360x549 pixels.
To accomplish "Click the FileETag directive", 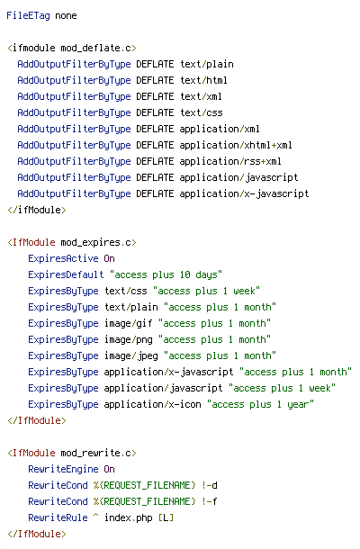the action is tap(29, 16).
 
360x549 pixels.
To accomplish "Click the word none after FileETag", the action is tap(66, 16).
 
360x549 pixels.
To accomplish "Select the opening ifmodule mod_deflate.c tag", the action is tap(72, 48).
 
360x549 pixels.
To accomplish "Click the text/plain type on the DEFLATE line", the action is tap(207, 65).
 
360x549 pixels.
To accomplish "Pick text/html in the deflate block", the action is tap(203, 80).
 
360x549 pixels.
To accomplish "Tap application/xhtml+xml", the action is tap(236, 145).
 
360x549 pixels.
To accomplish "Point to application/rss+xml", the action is tap(230, 161).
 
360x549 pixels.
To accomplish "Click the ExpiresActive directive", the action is tap(63, 258).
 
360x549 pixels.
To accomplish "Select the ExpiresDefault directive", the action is tap(67, 274).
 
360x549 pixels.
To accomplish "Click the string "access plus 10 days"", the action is tap(166, 274).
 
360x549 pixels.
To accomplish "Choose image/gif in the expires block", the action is tap(129, 323).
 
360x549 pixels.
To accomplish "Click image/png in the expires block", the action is tap(129, 339).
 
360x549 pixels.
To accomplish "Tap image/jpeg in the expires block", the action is tap(131, 355).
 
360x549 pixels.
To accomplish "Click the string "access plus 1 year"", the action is tap(260, 404).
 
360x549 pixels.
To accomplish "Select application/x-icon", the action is tap(153, 404).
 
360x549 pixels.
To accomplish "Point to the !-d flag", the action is tap(210, 485).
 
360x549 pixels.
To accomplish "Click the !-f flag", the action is tap(210, 501).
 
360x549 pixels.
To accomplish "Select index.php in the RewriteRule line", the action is tap(129, 517).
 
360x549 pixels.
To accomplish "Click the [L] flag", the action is tap(166, 517).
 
